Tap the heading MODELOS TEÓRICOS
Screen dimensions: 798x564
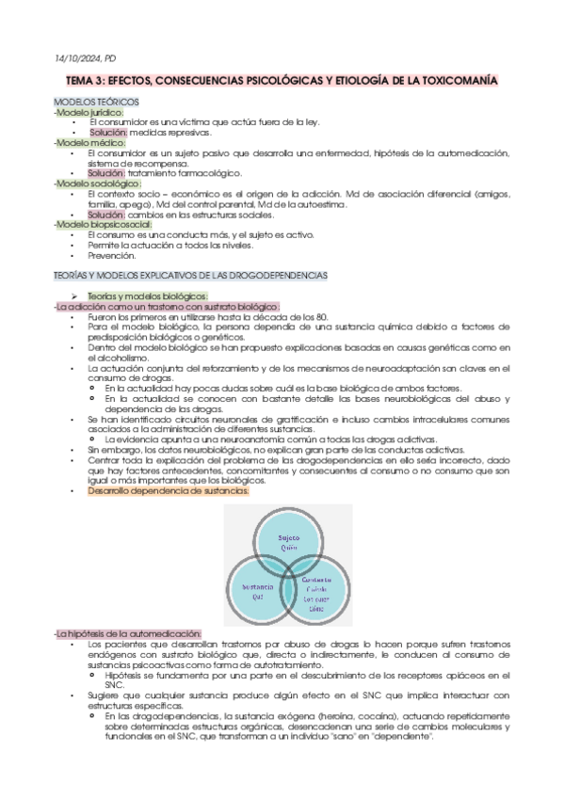97,101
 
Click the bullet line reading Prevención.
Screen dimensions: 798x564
111,255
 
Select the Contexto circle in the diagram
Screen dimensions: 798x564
318,593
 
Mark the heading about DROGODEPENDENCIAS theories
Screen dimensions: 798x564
191,275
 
